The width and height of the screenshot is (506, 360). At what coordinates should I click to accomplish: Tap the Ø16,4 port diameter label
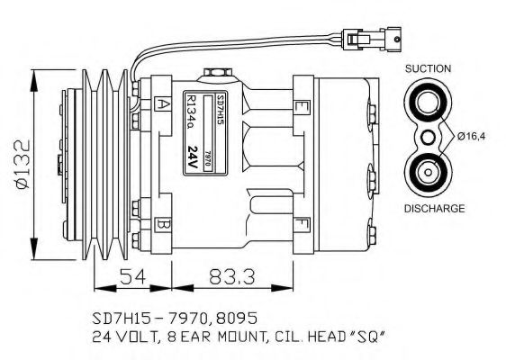click(473, 136)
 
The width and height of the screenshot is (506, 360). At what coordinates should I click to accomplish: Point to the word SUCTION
click(428, 68)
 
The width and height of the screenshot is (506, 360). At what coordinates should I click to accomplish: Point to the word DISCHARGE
click(433, 208)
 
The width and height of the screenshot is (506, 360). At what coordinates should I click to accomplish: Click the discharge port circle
click(427, 172)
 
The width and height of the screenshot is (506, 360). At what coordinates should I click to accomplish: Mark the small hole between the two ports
click(428, 137)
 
